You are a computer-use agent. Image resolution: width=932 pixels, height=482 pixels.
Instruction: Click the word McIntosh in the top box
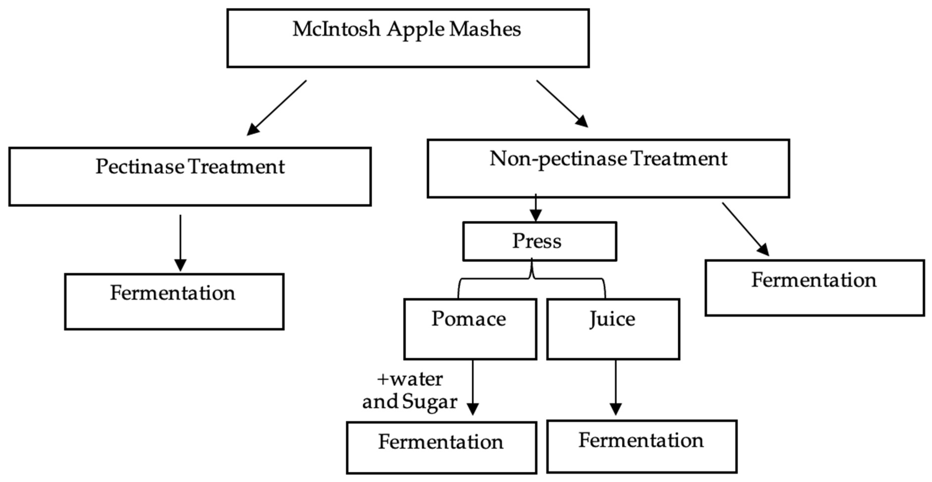336,29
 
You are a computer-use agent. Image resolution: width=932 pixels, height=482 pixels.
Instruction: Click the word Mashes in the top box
485,29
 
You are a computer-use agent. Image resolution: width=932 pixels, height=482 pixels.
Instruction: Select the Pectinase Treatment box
190,176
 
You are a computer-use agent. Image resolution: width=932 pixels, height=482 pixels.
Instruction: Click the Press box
539,241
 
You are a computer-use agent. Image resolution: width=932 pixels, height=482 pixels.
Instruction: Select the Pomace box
470,329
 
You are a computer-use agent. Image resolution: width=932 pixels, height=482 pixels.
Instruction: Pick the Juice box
613,329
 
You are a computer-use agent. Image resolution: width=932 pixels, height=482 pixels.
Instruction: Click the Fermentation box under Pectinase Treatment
174,301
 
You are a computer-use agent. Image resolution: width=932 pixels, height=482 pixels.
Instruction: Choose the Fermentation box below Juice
641,446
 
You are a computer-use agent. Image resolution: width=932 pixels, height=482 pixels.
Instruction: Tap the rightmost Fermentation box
814,288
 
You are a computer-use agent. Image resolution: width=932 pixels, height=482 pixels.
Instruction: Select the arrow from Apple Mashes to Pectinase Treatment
277,108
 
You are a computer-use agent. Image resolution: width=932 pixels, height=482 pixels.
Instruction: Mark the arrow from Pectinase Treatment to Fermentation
180,243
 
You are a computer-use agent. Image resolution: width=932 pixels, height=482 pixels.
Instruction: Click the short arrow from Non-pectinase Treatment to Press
535,208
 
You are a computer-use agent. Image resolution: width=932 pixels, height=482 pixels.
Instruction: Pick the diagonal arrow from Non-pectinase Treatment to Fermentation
745,229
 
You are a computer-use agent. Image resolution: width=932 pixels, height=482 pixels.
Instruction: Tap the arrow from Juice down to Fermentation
616,388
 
